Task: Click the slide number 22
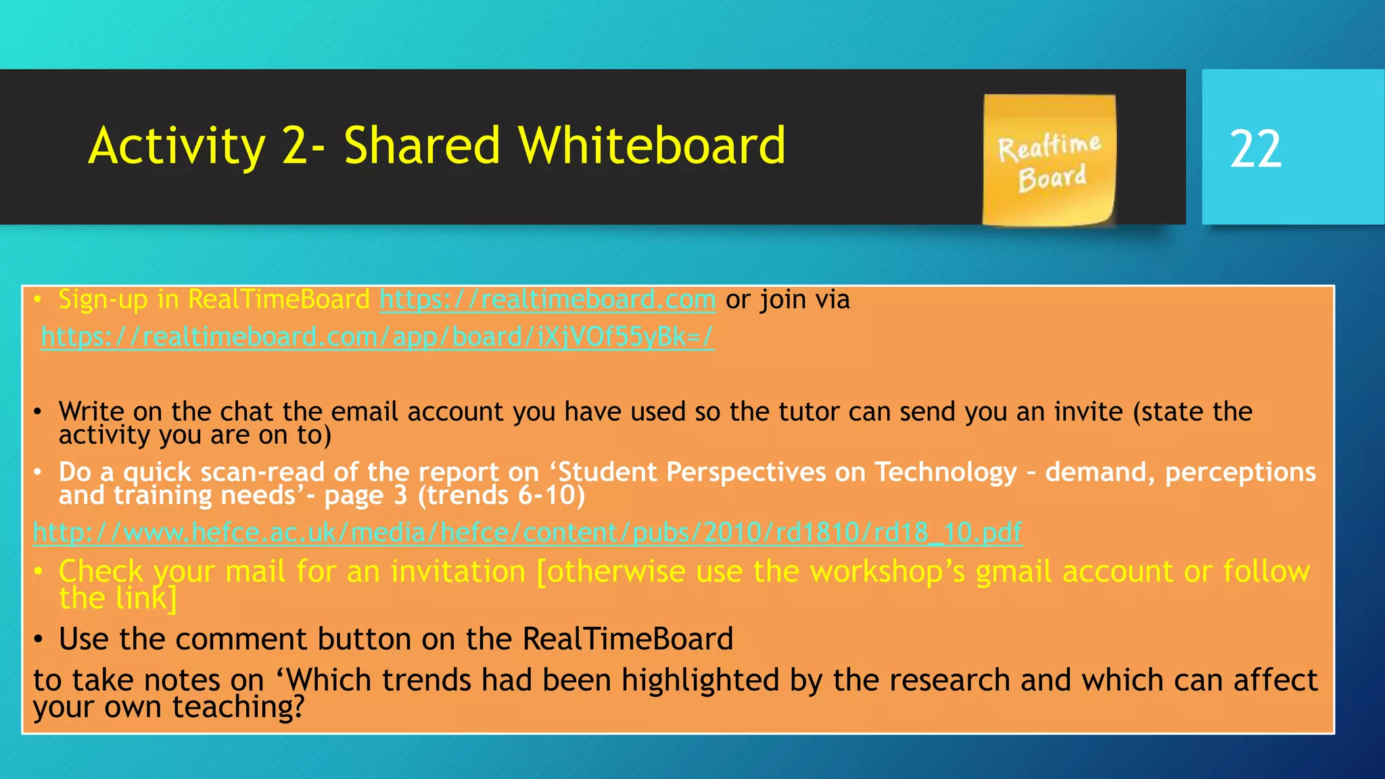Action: coord(1255,149)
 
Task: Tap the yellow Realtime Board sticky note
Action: coord(1049,160)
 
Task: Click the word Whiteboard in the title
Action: coord(652,145)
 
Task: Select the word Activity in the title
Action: coord(177,147)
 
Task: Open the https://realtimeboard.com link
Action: coord(547,300)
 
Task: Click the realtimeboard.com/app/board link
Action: coord(377,337)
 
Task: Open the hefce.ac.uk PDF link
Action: coord(527,533)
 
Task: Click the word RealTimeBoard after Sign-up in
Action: coord(279,300)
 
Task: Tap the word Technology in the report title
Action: coord(945,472)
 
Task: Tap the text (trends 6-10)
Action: coord(501,496)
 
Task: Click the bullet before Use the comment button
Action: coord(39,640)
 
